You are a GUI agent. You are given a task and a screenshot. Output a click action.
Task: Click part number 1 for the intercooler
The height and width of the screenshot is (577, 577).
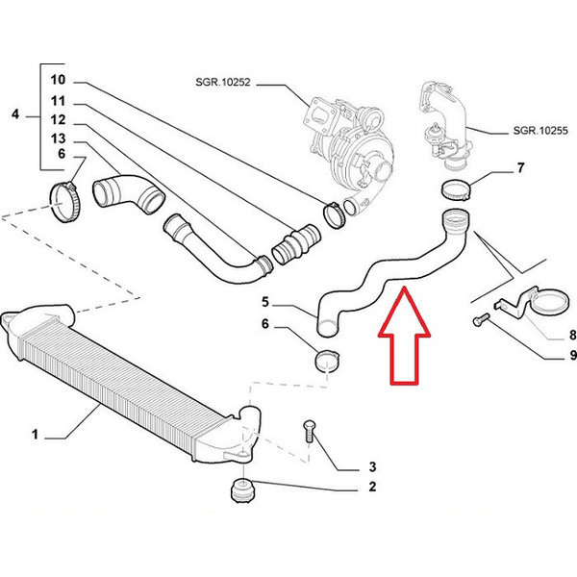coord(34,435)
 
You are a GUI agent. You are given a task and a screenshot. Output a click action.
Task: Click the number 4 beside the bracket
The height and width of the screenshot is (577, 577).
coord(14,115)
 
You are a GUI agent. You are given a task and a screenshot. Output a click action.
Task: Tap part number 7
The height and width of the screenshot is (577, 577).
coord(520,169)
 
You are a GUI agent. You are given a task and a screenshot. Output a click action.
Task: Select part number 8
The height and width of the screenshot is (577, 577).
coord(546,335)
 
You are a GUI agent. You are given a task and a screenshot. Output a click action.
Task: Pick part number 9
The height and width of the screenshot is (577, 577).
coord(546,356)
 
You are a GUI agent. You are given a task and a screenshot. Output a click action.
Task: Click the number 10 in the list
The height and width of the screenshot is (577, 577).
coord(57,80)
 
